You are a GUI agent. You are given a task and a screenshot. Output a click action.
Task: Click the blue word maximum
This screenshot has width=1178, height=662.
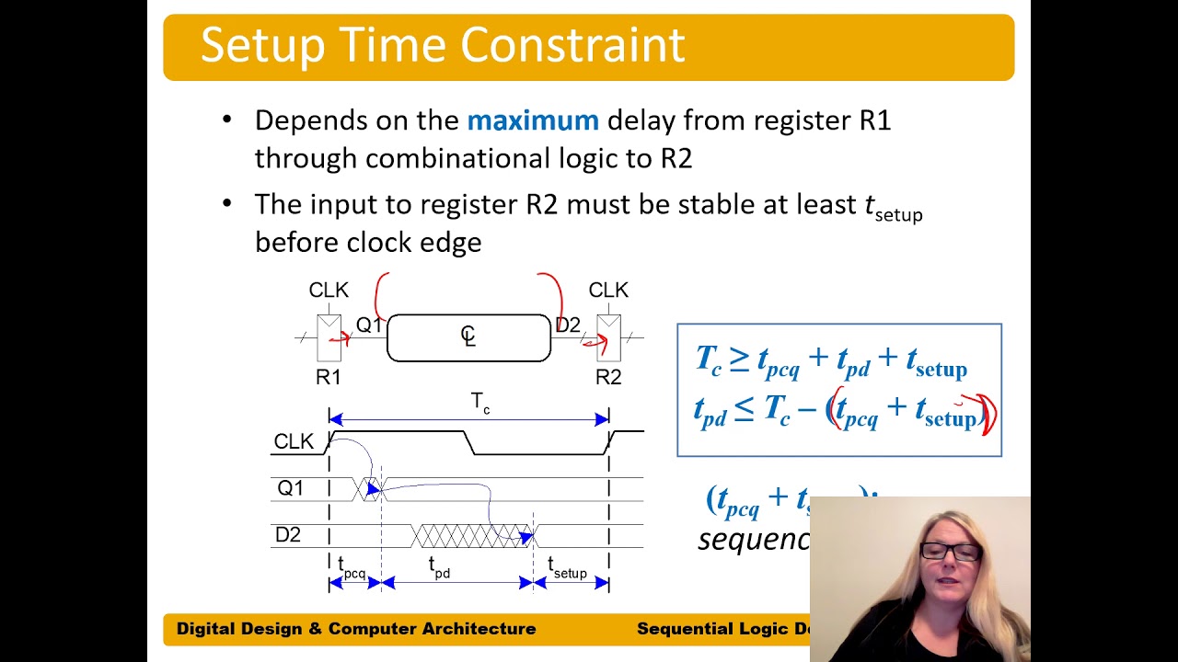(533, 120)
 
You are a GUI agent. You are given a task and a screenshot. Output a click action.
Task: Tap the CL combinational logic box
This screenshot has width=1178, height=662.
(468, 337)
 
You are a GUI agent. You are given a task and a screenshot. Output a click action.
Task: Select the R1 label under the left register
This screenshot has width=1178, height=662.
(329, 377)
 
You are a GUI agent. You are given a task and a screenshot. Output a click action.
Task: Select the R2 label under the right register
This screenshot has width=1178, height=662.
(608, 377)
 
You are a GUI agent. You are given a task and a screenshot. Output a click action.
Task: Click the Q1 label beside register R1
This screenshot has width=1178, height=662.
(368, 325)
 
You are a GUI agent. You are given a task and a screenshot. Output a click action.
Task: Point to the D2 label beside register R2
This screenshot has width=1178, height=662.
(568, 325)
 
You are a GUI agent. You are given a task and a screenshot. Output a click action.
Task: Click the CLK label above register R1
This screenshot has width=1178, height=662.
(329, 291)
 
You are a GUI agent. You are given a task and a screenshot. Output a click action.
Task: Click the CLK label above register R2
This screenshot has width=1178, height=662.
(608, 291)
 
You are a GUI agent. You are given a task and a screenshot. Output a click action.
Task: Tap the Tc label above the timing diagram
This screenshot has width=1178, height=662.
(480, 403)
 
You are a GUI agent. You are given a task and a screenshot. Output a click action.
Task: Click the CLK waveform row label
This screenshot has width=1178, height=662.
(294, 442)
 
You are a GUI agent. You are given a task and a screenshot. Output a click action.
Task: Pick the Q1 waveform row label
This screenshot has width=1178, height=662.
(290, 488)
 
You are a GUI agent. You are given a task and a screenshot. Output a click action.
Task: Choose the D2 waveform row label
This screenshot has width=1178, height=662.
(288, 535)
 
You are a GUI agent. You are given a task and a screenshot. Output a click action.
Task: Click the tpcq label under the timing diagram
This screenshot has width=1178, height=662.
(352, 568)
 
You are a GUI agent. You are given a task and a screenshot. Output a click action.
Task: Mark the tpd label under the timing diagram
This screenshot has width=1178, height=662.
(440, 568)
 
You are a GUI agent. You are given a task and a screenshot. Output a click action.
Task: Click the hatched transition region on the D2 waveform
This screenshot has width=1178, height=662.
(469, 535)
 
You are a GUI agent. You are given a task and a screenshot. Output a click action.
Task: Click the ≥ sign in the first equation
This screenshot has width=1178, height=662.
(739, 360)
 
